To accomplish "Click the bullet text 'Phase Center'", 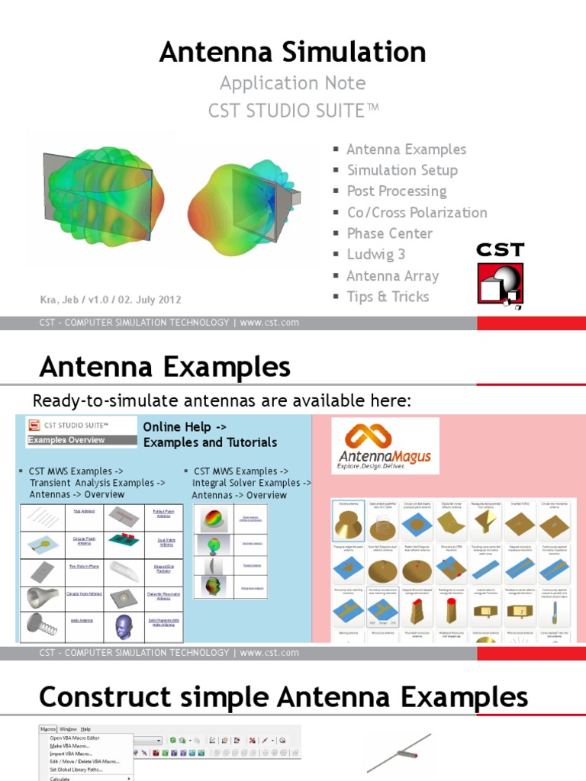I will [389, 233].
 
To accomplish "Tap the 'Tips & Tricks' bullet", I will [388, 297].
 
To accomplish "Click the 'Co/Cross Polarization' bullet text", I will [417, 212].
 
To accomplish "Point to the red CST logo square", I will [500, 285].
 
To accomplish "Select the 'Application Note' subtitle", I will [292, 83].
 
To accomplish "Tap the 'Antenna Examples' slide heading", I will [165, 368].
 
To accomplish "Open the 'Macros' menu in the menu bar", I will [48, 729].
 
